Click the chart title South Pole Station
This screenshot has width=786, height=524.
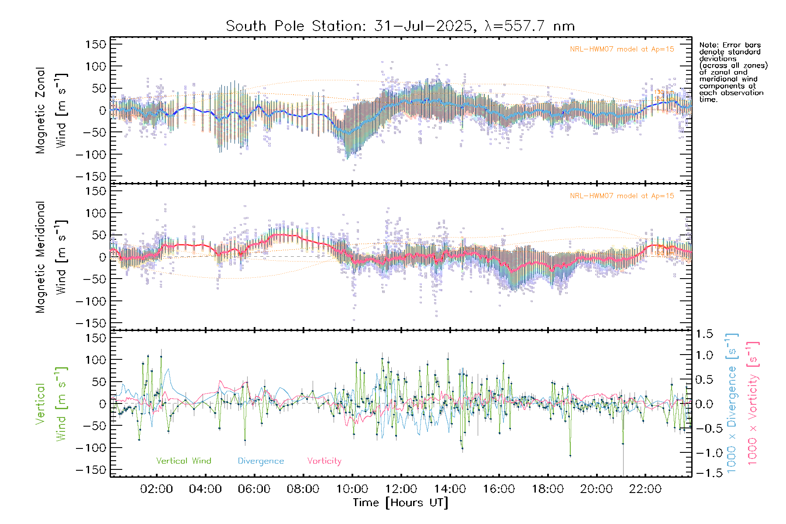point(400,26)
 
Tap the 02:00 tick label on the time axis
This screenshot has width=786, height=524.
point(156,489)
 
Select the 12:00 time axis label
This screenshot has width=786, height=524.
point(401,489)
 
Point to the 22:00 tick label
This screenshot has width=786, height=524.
point(645,489)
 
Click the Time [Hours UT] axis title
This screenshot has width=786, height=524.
point(400,503)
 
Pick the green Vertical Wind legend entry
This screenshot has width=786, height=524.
point(183,461)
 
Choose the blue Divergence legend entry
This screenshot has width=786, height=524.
point(261,461)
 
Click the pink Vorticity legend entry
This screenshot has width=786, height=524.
point(324,461)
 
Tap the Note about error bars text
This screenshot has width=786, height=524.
point(733,72)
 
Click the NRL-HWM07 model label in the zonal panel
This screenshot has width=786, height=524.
point(622,49)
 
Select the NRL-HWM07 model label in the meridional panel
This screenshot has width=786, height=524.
point(622,196)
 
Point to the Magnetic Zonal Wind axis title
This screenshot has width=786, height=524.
point(51,110)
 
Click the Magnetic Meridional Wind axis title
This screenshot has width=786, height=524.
point(51,257)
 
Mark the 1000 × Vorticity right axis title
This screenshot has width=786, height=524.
point(752,403)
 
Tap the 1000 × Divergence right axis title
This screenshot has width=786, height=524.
point(732,403)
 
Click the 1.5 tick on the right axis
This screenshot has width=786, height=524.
point(704,334)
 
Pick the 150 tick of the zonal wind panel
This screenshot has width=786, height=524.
point(96,44)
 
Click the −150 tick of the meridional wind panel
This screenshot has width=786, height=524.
point(91,323)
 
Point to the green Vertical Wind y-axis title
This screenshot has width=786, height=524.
point(51,403)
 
